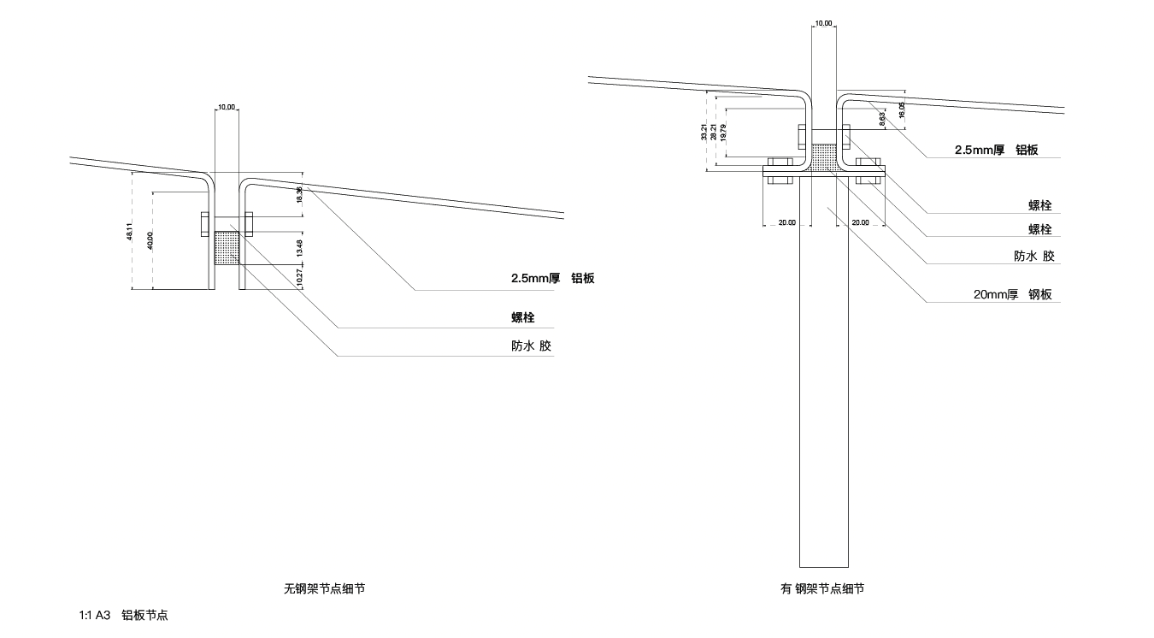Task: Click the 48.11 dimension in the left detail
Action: click(129, 231)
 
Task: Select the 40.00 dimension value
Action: click(150, 240)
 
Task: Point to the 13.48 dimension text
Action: click(298, 248)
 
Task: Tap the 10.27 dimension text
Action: click(298, 277)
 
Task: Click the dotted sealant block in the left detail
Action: click(227, 248)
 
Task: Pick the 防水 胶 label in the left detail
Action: click(531, 346)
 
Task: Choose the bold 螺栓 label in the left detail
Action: click(522, 317)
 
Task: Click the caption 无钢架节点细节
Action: click(329, 588)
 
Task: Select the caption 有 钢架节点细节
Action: click(821, 588)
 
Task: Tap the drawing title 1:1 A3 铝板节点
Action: click(123, 615)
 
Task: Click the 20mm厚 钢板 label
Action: click(1012, 294)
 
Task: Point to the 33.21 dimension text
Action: click(703, 132)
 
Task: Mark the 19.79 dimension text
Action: click(723, 132)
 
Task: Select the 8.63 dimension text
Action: click(881, 120)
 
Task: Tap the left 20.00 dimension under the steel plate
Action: click(786, 222)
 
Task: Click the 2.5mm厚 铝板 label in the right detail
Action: click(996, 150)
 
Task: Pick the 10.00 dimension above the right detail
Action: click(823, 24)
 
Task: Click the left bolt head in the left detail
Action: click(205, 222)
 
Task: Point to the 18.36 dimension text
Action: click(298, 194)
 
